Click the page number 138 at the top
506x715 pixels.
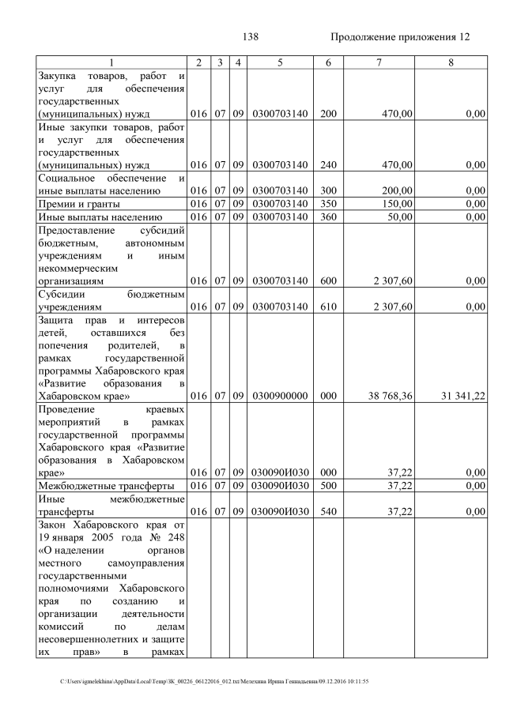click(x=251, y=37)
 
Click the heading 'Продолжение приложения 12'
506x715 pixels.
click(x=400, y=37)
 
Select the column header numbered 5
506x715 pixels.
click(x=280, y=62)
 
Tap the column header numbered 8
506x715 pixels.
click(x=450, y=62)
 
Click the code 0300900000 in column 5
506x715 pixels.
click(x=280, y=396)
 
